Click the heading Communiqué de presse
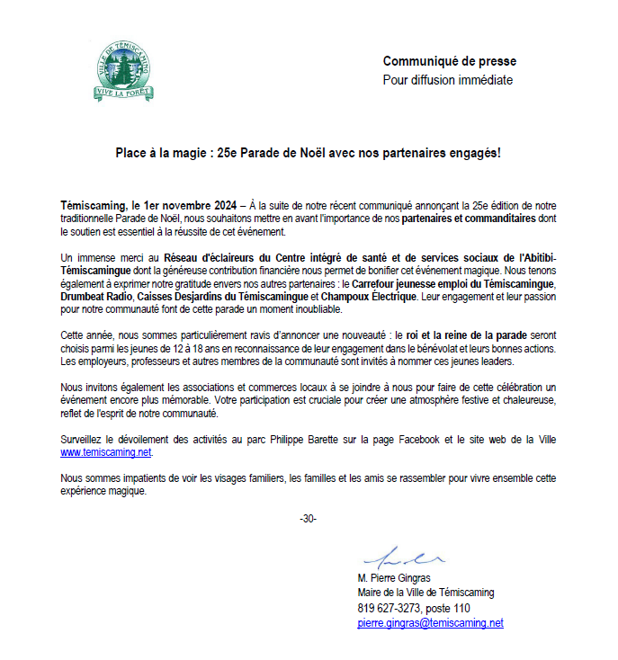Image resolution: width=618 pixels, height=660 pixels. (450, 61)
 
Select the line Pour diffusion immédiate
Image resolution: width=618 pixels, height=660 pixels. (448, 80)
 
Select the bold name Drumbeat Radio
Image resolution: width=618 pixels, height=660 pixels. (96, 296)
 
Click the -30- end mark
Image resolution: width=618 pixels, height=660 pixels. (308, 520)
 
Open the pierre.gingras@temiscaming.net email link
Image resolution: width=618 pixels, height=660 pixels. (430, 623)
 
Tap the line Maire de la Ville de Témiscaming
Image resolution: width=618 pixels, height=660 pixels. (425, 593)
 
